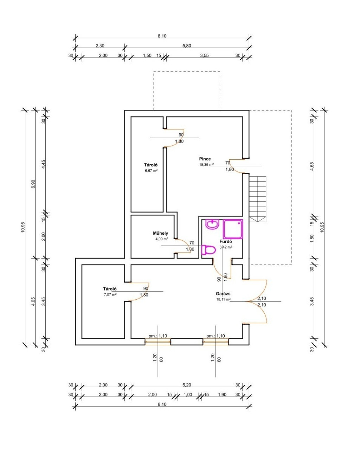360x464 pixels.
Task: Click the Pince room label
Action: pos(205,159)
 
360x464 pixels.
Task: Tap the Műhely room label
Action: pos(160,233)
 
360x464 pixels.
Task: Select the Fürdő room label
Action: pos(226,242)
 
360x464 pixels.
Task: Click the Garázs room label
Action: pos(223,294)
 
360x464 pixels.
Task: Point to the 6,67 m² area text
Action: pos(151,170)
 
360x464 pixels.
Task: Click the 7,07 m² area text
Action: pos(110,294)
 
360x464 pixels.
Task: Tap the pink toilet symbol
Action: pos(208,250)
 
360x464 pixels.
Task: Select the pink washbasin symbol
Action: pos(212,224)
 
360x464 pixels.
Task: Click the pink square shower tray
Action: pos(233,229)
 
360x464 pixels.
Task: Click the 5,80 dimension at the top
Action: pos(187,45)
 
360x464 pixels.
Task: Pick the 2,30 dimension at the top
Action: pos(100,45)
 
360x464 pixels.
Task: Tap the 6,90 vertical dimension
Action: pos(33,184)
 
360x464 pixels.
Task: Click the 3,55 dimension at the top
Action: pos(205,56)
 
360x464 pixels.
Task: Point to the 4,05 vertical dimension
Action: pos(33,301)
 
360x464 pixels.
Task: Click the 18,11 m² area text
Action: pos(224,299)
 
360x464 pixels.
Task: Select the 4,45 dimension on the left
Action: pos(43,164)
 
